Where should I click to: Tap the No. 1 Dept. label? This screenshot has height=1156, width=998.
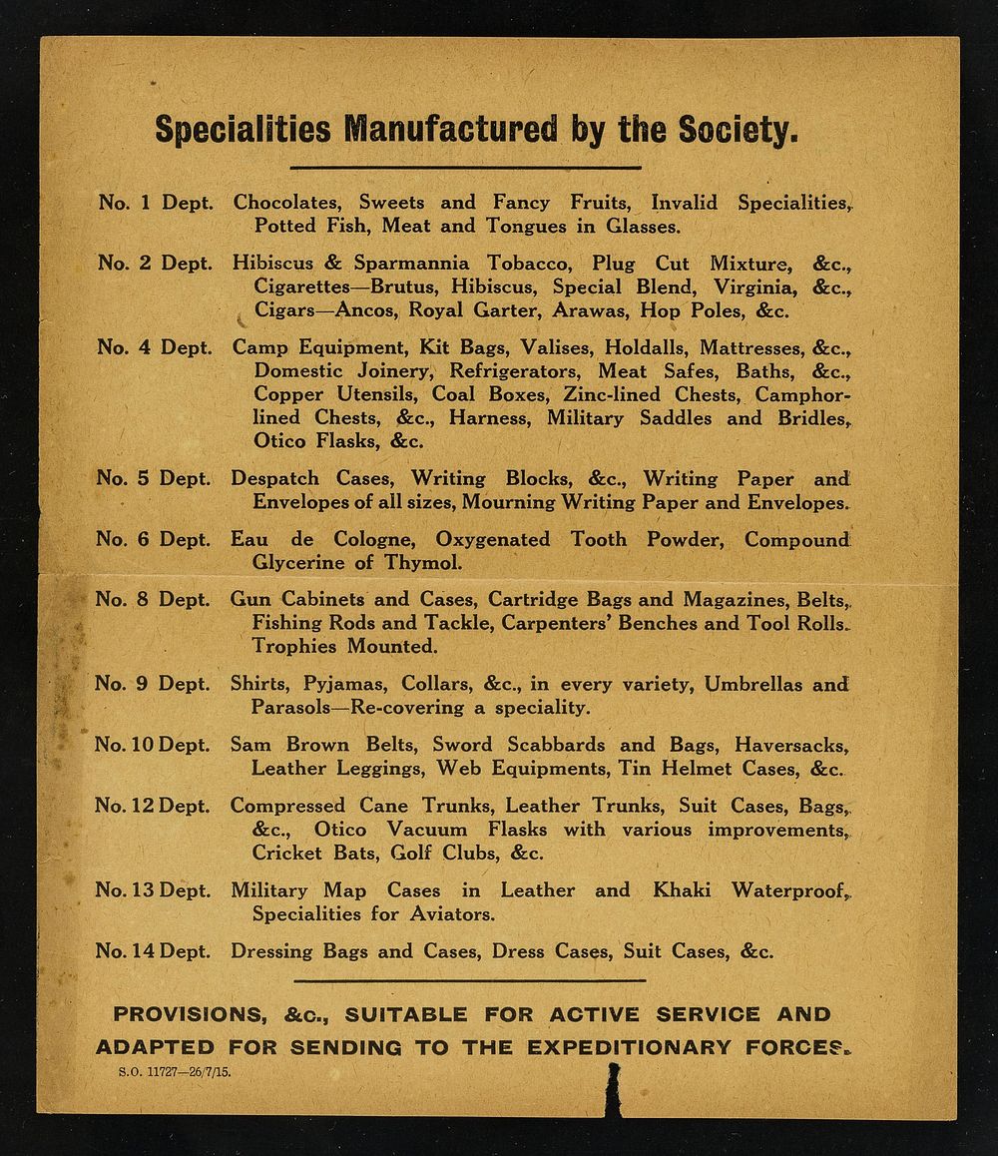[156, 203]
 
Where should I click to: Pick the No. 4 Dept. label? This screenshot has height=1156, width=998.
[156, 348]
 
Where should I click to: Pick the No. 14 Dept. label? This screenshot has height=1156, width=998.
[154, 951]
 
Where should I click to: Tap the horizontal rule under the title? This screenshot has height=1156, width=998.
[465, 167]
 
